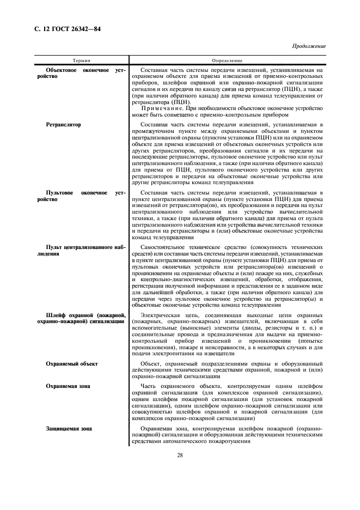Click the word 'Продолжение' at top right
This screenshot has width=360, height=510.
pyautogui.click(x=308, y=46)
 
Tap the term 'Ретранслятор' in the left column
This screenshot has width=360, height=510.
pyautogui.click(x=64, y=125)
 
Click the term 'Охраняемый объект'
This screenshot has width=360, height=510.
pyautogui.click(x=72, y=364)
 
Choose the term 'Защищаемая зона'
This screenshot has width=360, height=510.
pyautogui.click(x=69, y=429)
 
